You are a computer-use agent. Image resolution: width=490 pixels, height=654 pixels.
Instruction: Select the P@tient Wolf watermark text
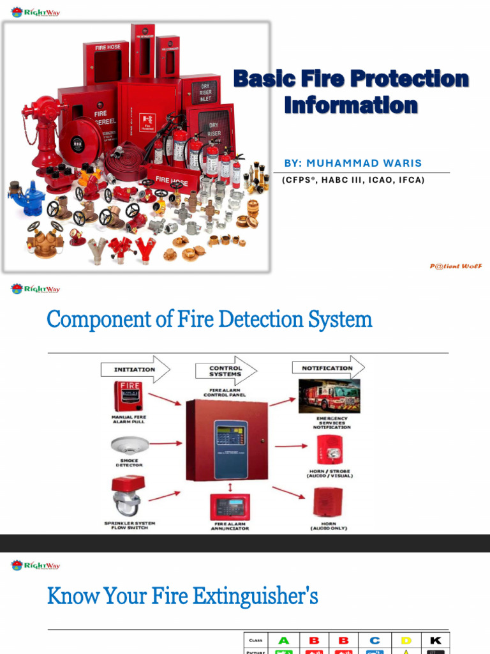tap(456, 266)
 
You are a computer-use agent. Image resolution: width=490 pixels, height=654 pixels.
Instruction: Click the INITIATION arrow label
tap(135, 369)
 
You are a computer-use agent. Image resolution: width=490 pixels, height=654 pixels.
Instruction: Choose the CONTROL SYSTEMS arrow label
tap(226, 371)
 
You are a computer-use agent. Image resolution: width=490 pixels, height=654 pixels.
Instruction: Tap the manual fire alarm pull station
tap(128, 396)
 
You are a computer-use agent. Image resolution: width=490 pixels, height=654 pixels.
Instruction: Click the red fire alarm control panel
tap(225, 441)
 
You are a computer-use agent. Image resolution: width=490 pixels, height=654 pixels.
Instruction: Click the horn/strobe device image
tap(331, 450)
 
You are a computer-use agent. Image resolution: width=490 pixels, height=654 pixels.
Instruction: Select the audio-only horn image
tap(328, 502)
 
